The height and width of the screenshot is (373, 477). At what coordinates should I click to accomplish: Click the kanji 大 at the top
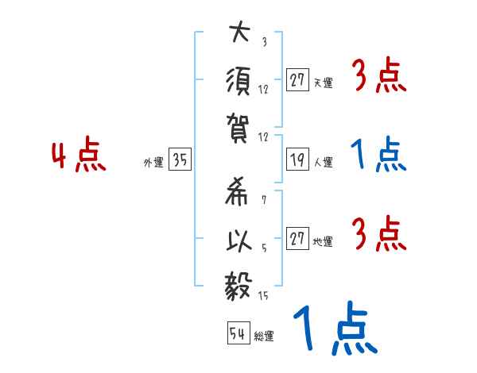coord(238,34)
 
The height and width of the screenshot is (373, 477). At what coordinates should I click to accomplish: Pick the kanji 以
coord(238,240)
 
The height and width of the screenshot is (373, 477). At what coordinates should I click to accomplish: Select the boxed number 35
coord(179,161)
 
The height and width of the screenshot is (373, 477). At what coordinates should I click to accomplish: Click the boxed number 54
coord(237,333)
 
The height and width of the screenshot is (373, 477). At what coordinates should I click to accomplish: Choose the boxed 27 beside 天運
coord(297,79)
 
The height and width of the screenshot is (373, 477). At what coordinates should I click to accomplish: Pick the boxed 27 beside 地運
coord(297,240)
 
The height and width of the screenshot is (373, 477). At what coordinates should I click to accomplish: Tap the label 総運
coord(264,336)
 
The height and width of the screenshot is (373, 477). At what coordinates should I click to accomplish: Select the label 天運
coord(324,83)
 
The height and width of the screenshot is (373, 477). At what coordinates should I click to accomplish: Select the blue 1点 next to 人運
coord(378,156)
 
